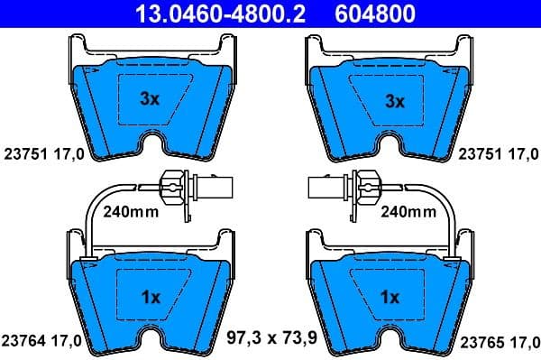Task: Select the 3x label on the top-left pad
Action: pos(151,101)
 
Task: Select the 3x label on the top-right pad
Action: pos(392,101)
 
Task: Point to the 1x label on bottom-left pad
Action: pos(151,296)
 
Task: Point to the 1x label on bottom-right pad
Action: pos(392,296)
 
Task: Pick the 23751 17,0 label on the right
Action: pos(500,153)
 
